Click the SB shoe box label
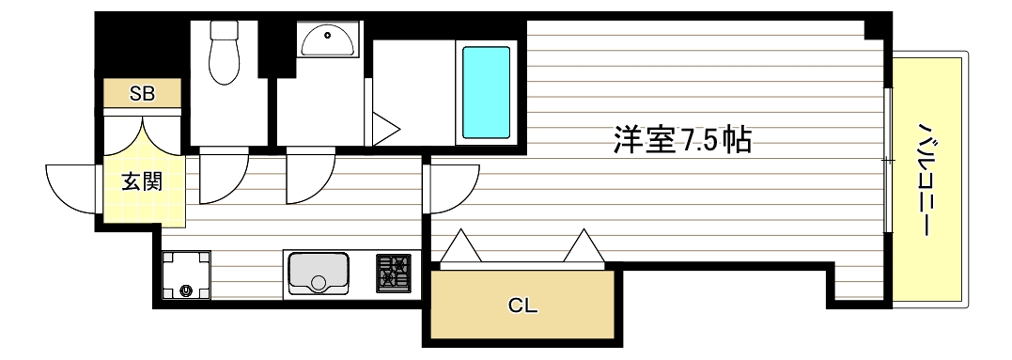142,93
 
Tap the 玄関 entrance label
142,181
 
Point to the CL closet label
523,305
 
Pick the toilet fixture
226,58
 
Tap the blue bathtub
485,91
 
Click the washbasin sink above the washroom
328,39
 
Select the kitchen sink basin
319,273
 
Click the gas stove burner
394,273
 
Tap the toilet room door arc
222,177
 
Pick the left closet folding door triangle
461,247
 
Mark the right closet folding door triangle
584,247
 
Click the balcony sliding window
888,160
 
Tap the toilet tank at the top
226,29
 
